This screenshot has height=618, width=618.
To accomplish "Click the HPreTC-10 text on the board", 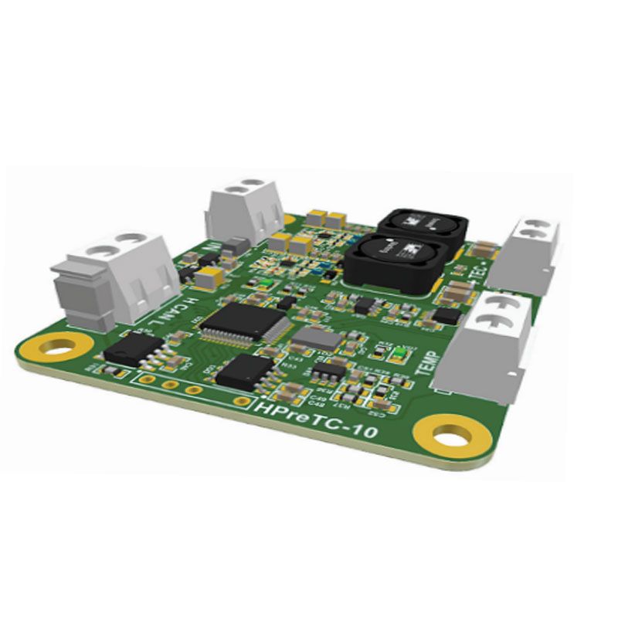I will click(317, 417).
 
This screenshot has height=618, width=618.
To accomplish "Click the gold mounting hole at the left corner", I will click(57, 347).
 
